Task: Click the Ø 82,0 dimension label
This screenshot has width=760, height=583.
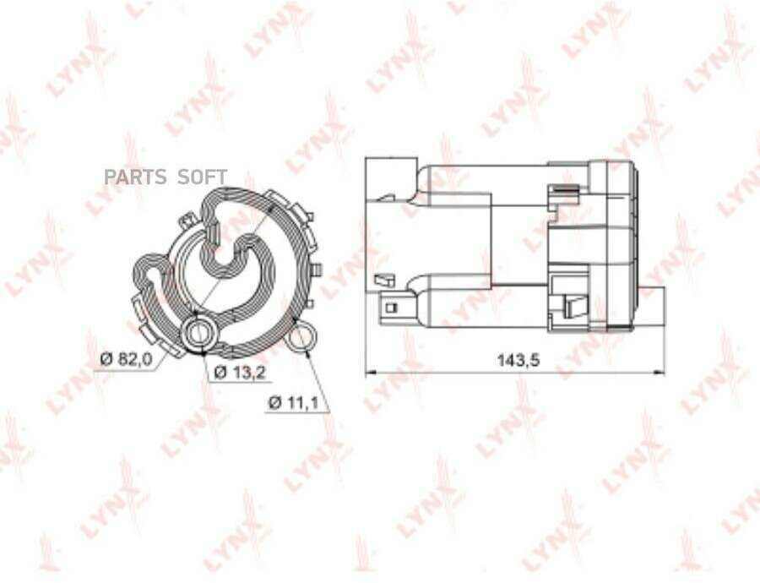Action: click(x=127, y=359)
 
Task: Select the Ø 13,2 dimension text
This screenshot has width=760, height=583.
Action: click(x=240, y=372)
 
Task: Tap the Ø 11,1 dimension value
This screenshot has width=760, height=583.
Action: click(x=293, y=402)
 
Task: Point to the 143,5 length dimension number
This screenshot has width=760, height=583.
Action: click(x=518, y=360)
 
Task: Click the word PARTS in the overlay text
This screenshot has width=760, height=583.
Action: click(x=135, y=177)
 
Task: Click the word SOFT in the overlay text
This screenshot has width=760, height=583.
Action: click(x=202, y=177)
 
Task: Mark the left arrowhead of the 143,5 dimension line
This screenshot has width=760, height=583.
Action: click(x=370, y=373)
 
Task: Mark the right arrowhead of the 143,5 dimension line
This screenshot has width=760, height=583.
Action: click(x=660, y=373)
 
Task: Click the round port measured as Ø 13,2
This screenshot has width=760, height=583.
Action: click(x=199, y=333)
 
